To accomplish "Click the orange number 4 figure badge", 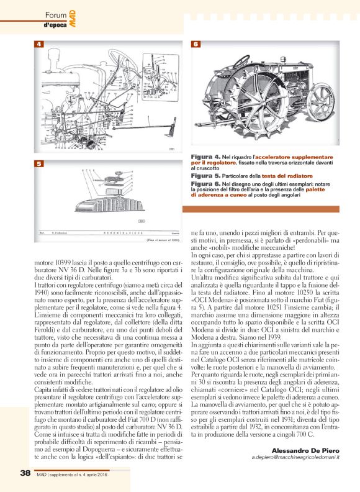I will pos(38,45).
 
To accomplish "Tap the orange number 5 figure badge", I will pos(38,163).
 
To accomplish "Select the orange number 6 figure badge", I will pos(196,45).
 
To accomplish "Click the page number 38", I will pos(24,473).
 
